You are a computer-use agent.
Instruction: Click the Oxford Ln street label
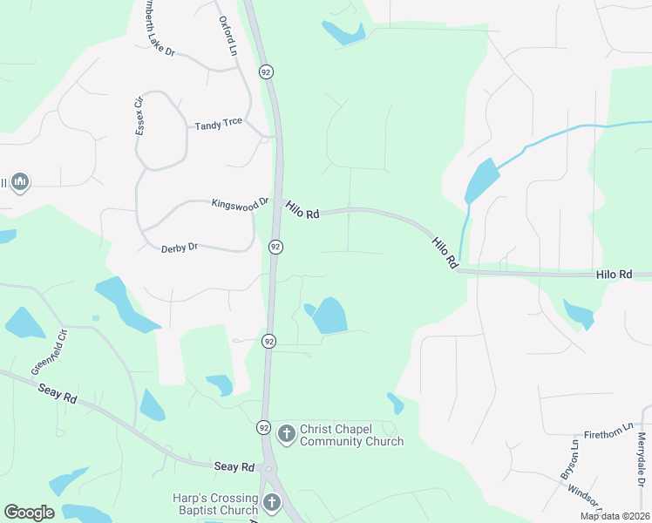[x=227, y=35]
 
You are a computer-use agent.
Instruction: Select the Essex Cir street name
[x=138, y=114]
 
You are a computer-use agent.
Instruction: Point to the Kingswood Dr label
[x=240, y=204]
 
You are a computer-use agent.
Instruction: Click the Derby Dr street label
[x=180, y=248]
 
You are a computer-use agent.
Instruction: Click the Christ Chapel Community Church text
[x=351, y=435]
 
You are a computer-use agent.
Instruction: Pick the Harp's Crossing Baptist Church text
[x=215, y=504]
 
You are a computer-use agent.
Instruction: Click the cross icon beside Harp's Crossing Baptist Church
[x=272, y=503]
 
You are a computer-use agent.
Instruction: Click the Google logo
[x=29, y=513]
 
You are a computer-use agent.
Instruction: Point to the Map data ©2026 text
[x=615, y=516]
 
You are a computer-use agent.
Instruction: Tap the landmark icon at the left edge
[x=21, y=182]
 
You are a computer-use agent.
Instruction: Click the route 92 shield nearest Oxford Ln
[x=265, y=71]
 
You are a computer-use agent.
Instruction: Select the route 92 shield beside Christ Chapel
[x=263, y=427]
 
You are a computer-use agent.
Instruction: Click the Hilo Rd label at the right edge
[x=615, y=275]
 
